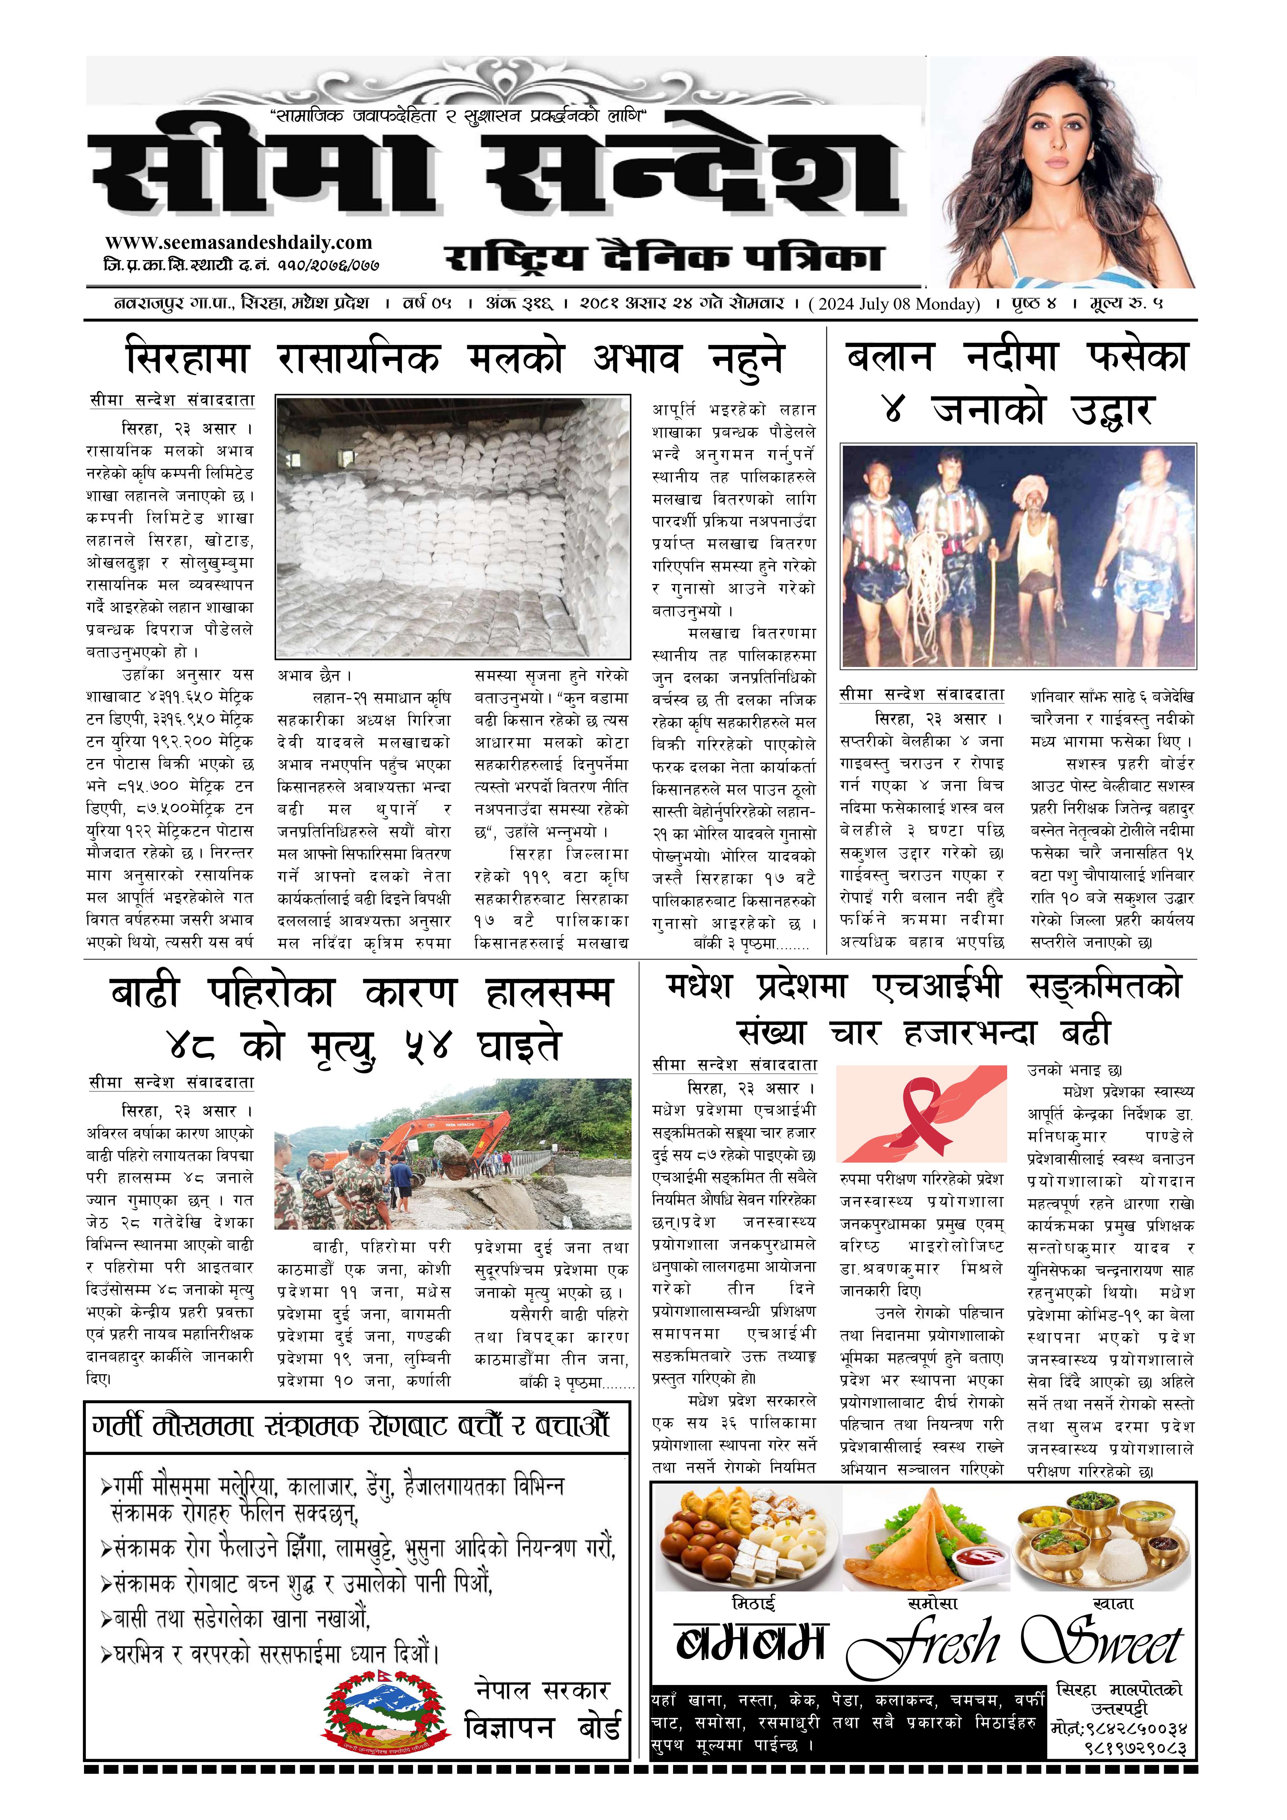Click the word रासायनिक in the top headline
coord(358,359)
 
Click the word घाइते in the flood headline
coord(519,1045)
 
